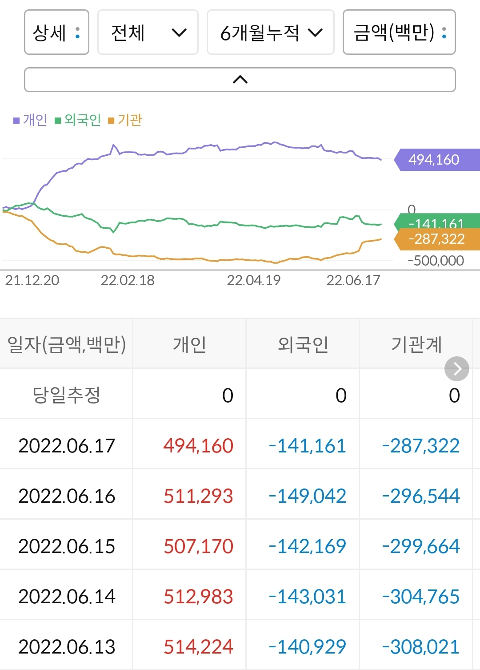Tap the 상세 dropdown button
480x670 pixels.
coord(56,32)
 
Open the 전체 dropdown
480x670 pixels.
coord(148,32)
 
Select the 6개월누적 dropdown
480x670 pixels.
coord(270,32)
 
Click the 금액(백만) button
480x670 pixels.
coord(399,32)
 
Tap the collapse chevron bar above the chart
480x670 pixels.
coord(240,80)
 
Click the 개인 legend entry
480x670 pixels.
coord(31,120)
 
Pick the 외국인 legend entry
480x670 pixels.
coord(78,120)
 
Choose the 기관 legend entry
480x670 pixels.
coord(125,120)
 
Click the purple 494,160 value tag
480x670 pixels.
coord(436,160)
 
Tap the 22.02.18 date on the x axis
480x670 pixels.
coord(128,280)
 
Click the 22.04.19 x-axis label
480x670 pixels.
coord(253,280)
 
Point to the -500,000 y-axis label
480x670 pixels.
coord(436,261)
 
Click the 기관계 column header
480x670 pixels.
coord(416,344)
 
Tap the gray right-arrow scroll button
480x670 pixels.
coord(457,369)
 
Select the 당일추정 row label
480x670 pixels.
coord(66,395)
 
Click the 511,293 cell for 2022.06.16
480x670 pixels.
coord(198,496)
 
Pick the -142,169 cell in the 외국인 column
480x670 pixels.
coord(308,546)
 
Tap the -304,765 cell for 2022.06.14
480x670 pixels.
coord(420,596)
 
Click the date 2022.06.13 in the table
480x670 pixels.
coord(67,646)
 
